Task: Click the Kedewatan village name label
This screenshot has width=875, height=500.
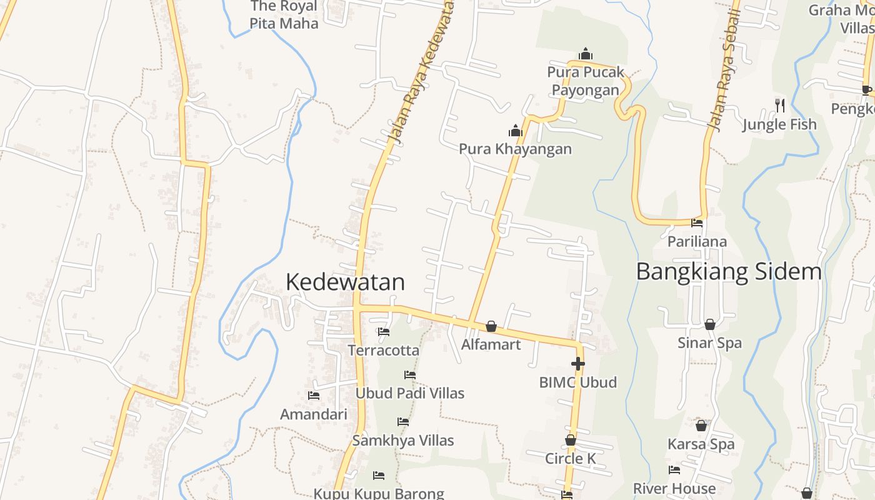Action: (x=345, y=282)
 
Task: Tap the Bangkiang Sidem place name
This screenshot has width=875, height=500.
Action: (x=729, y=272)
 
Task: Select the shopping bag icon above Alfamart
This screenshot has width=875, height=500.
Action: (x=491, y=326)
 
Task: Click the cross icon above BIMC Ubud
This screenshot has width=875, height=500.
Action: (x=578, y=364)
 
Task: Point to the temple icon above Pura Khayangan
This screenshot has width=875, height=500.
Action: (x=515, y=131)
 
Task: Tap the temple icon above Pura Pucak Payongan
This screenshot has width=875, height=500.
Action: (x=585, y=54)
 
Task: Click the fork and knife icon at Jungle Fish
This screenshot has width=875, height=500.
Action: (x=779, y=105)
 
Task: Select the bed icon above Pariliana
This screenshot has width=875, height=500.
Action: (x=697, y=223)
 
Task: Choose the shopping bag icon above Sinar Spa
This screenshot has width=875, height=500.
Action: (x=710, y=324)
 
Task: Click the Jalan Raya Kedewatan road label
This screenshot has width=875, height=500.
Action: (x=419, y=72)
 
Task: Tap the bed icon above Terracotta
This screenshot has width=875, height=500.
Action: (x=384, y=332)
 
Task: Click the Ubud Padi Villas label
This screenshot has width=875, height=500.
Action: (x=410, y=393)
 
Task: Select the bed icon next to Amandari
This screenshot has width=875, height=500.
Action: (x=314, y=396)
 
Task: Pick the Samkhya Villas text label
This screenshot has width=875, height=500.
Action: (x=403, y=441)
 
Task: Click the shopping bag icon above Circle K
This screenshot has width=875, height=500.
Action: (x=571, y=441)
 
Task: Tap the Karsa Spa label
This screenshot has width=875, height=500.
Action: (x=701, y=444)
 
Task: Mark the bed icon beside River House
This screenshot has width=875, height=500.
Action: (x=674, y=470)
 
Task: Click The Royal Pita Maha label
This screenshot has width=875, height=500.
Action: (x=284, y=15)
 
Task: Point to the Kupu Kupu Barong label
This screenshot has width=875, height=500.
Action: (x=379, y=493)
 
